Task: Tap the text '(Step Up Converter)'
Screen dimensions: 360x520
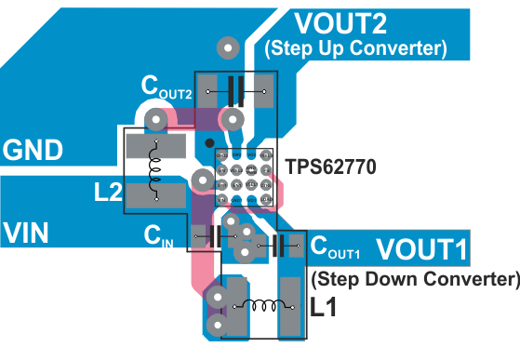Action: (x=355, y=47)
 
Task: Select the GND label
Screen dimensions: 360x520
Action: (x=33, y=150)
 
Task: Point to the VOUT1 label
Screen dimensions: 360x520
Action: (x=422, y=249)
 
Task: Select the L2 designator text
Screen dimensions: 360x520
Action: (x=109, y=193)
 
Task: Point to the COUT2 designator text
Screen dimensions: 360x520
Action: (x=167, y=87)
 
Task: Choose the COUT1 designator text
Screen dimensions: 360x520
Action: (x=334, y=247)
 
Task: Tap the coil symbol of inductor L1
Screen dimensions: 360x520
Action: (x=261, y=305)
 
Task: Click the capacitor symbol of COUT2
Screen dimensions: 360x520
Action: (x=235, y=91)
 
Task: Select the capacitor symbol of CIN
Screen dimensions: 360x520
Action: (x=215, y=236)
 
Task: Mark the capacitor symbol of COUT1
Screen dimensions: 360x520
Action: (x=278, y=247)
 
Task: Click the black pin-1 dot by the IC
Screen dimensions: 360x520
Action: (x=209, y=143)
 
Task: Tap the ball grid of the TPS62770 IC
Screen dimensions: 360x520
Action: (x=244, y=177)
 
